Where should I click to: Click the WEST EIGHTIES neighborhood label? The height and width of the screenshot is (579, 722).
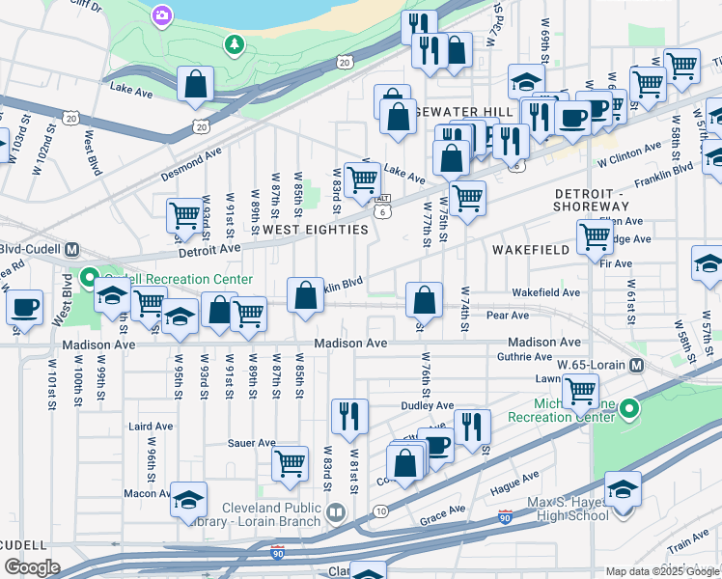click(315, 230)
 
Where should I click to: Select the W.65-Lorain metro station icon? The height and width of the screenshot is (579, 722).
click(637, 366)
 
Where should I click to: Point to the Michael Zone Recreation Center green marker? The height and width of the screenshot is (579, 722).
click(629, 409)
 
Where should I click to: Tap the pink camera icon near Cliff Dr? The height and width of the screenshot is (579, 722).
click(161, 15)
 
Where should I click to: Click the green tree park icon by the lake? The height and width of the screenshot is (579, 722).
click(233, 43)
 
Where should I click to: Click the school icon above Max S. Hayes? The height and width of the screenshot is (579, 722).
click(623, 489)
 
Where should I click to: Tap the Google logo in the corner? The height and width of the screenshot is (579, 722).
click(33, 567)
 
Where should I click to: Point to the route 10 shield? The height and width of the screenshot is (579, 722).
click(380, 510)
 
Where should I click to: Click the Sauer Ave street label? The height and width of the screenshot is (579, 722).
click(253, 443)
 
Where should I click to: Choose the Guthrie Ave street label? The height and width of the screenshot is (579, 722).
click(524, 357)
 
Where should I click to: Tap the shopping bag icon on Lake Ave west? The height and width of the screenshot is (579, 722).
click(196, 85)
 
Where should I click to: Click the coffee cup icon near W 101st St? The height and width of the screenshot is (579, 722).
click(24, 308)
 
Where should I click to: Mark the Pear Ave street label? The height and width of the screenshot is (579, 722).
click(508, 316)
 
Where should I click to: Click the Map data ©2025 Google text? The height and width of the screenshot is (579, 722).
click(662, 571)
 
